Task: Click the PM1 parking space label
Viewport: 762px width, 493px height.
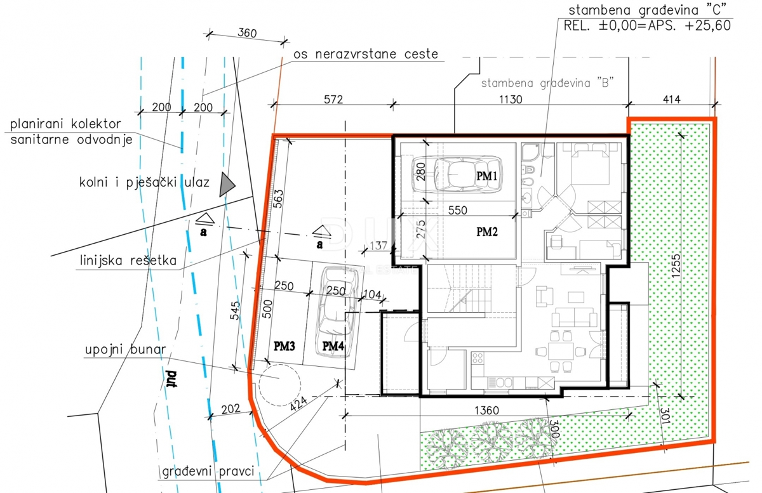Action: point(487,177)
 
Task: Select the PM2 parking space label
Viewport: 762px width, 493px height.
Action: point(487,232)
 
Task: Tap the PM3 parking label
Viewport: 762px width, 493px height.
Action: point(284,346)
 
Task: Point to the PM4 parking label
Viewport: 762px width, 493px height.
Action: point(333,346)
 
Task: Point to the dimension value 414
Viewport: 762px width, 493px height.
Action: point(671,99)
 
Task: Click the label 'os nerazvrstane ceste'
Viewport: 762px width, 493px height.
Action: point(365,54)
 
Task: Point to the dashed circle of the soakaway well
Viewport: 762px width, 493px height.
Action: point(278,384)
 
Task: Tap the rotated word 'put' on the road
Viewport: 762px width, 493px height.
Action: point(171,380)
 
